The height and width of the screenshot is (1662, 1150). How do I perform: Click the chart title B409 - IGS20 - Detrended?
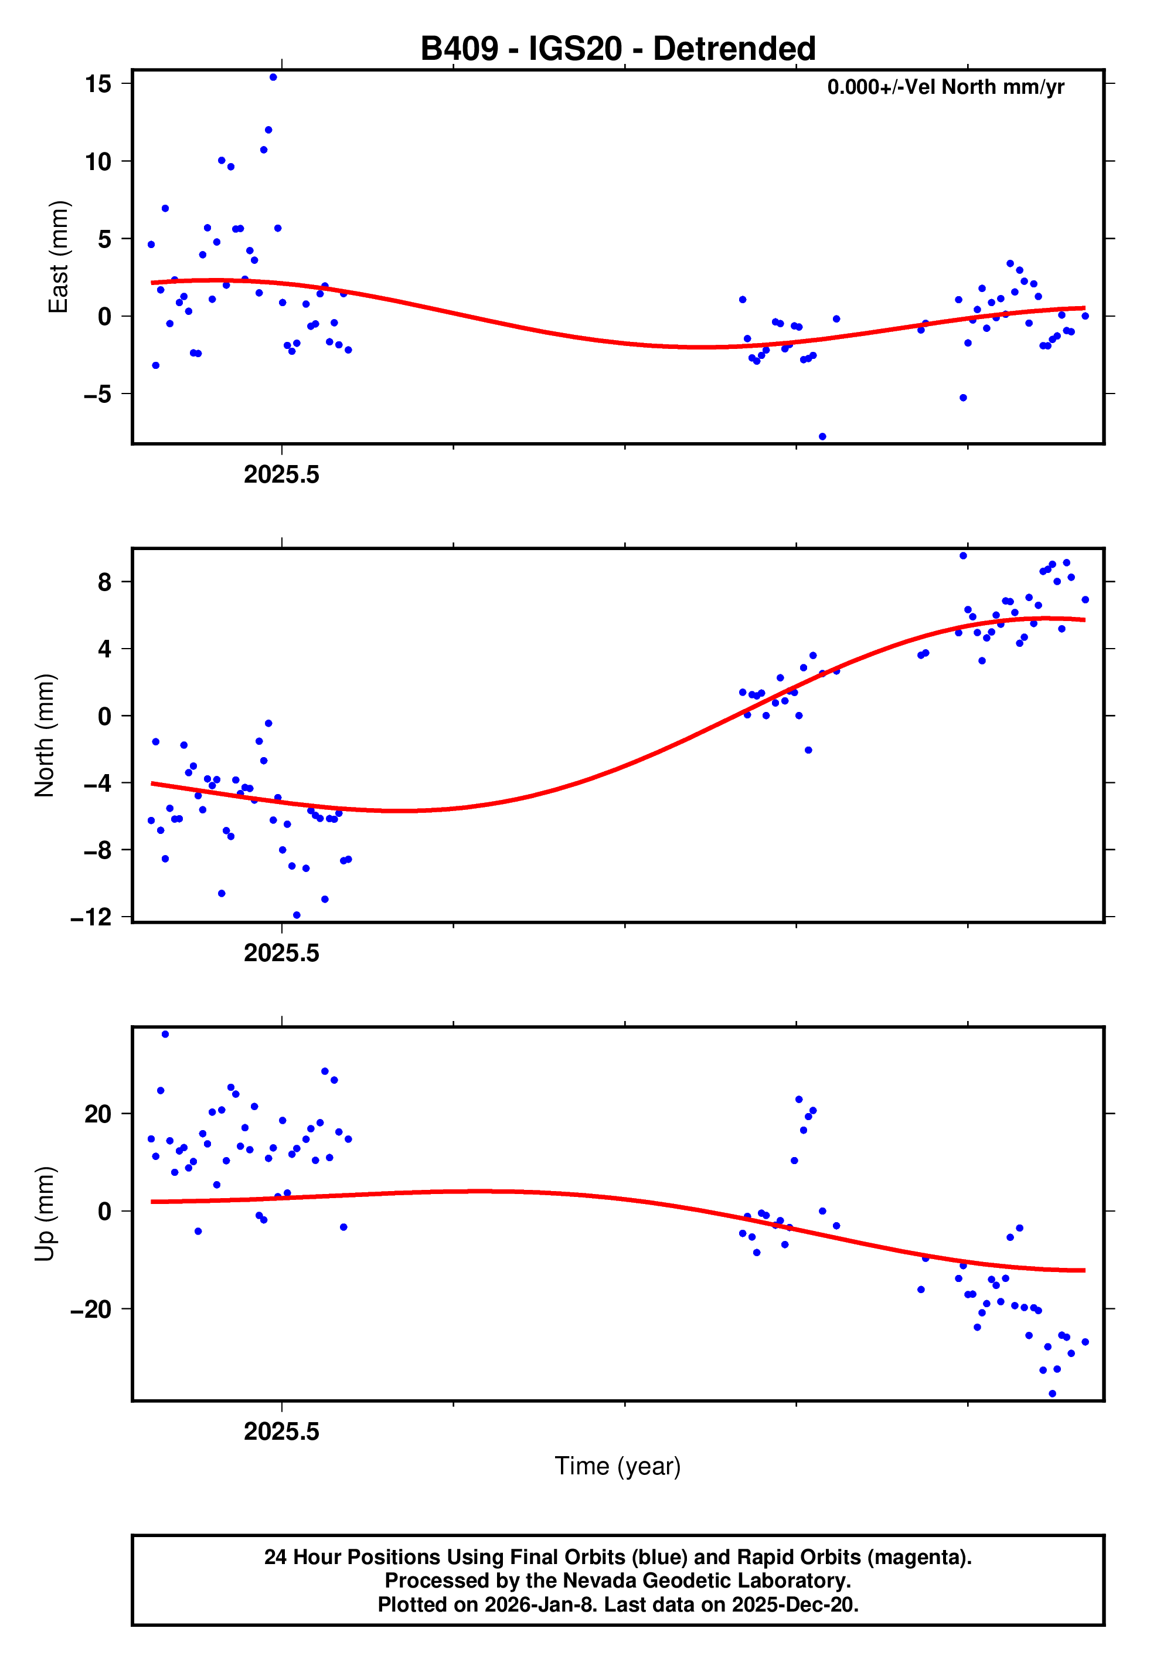pyautogui.click(x=618, y=49)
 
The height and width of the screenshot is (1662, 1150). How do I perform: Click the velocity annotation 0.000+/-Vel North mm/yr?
pyautogui.click(x=945, y=87)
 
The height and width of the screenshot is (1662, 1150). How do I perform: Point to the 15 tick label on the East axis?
pyautogui.click(x=98, y=84)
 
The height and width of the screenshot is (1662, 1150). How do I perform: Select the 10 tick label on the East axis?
pyautogui.click(x=98, y=161)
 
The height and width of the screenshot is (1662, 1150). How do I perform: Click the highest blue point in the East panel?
pyautogui.click(x=273, y=77)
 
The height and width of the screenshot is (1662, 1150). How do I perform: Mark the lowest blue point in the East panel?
pyautogui.click(x=822, y=437)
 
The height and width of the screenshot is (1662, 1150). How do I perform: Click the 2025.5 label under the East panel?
pyautogui.click(x=281, y=474)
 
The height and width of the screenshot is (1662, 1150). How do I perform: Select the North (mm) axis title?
pyautogui.click(x=45, y=735)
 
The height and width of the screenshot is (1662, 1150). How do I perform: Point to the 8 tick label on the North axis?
pyautogui.click(x=105, y=582)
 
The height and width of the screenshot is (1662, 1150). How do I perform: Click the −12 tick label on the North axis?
pyautogui.click(x=91, y=917)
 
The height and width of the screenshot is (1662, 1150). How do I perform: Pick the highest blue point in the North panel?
pyautogui.click(x=962, y=556)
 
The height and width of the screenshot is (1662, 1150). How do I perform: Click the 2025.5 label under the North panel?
pyautogui.click(x=281, y=953)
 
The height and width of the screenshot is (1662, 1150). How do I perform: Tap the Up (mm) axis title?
pyautogui.click(x=45, y=1214)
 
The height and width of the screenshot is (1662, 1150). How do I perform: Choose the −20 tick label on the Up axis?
pyautogui.click(x=91, y=1310)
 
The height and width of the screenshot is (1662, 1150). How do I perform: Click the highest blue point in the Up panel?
pyautogui.click(x=165, y=1034)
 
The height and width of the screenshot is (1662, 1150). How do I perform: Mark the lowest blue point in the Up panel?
pyautogui.click(x=1052, y=1394)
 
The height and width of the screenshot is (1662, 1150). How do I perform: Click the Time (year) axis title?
pyautogui.click(x=618, y=1467)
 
